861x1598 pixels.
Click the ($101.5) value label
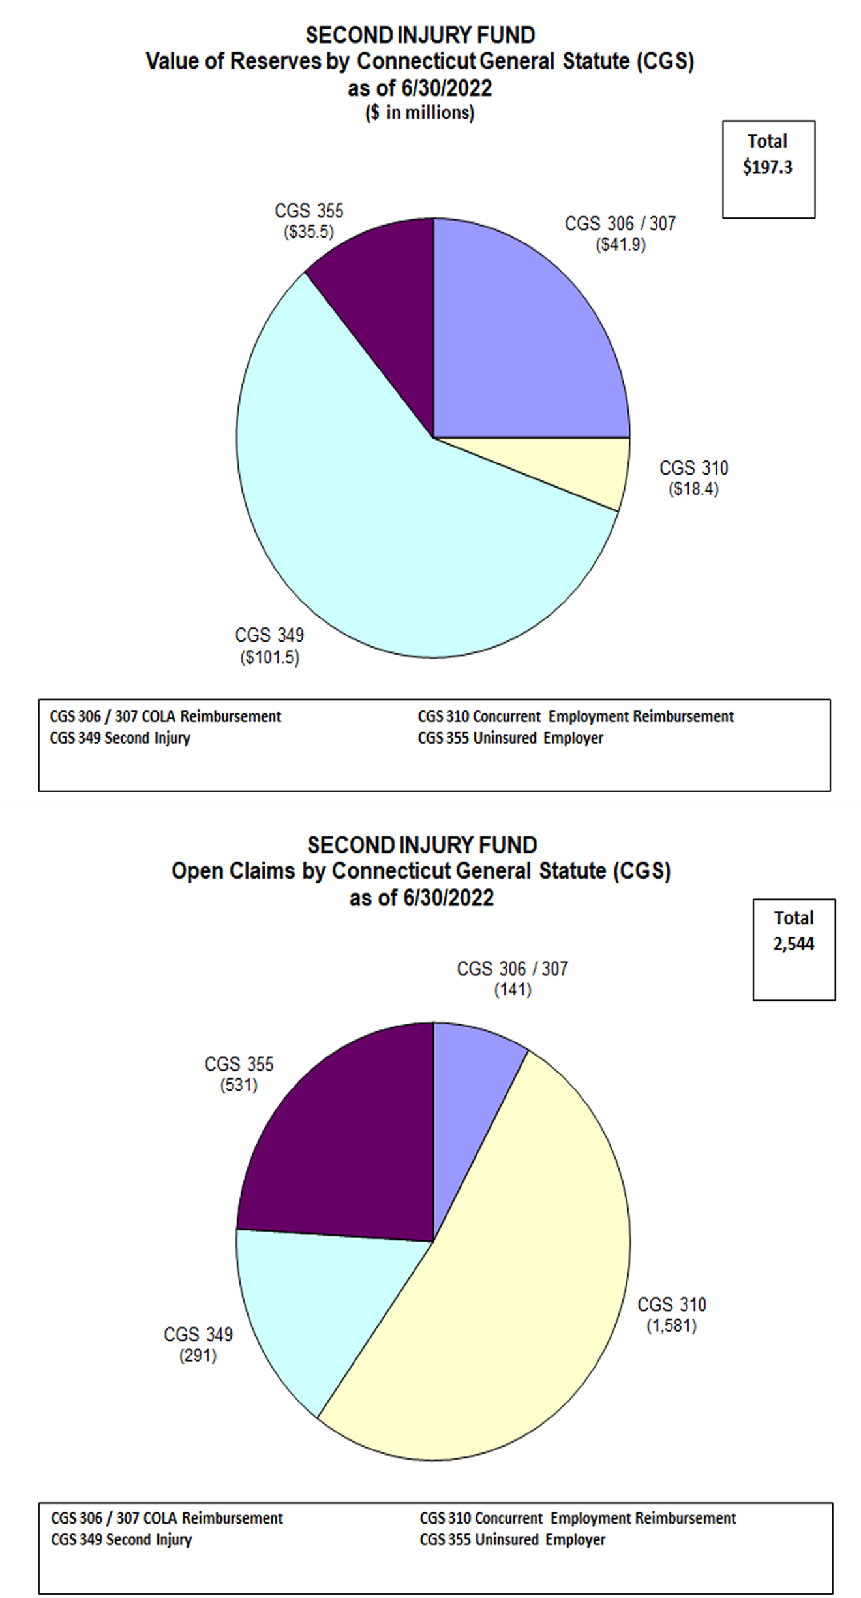point(269,657)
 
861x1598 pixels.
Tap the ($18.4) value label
point(693,489)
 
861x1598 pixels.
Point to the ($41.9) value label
point(620,245)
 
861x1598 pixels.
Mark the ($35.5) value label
point(309,232)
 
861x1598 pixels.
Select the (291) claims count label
point(198,1356)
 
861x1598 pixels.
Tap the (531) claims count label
point(239,1086)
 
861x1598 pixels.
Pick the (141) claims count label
point(513,990)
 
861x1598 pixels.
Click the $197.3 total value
point(768,167)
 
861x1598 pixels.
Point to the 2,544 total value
point(794,944)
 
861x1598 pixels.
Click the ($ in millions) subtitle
point(419,113)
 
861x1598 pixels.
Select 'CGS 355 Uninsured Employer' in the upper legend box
point(511,738)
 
